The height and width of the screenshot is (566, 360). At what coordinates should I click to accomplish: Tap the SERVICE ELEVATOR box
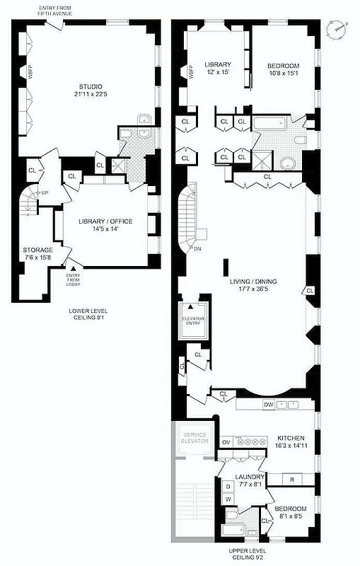(194, 437)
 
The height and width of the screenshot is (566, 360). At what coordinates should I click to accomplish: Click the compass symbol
(339, 30)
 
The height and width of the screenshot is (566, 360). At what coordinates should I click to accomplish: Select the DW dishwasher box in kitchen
(268, 405)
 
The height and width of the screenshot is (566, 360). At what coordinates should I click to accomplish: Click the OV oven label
(226, 441)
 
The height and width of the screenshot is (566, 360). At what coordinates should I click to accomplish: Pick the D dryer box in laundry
(228, 487)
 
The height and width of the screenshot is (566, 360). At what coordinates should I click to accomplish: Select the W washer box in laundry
(228, 499)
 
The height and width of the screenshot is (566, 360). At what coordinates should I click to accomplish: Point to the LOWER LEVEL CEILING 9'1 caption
(89, 314)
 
